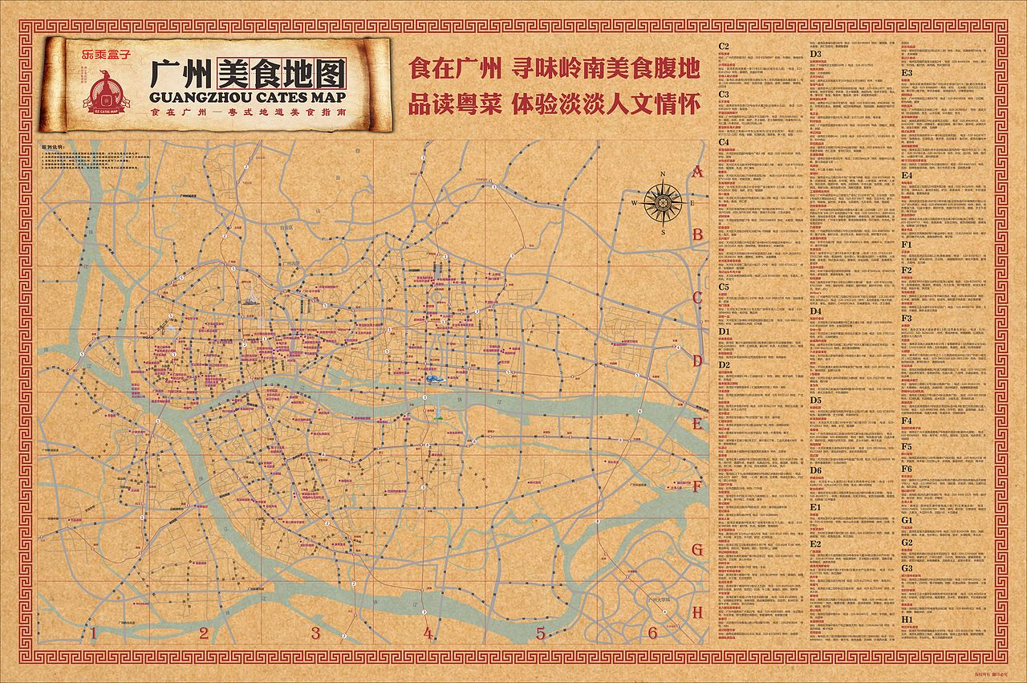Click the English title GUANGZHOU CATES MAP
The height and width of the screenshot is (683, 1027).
tap(248, 98)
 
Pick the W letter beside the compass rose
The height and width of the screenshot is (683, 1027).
tap(635, 203)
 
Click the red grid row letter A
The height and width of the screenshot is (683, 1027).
tap(697, 171)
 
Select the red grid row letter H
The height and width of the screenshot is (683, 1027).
tap(697, 612)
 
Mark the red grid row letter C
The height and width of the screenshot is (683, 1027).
tap(697, 298)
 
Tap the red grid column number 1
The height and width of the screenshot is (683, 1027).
tap(93, 634)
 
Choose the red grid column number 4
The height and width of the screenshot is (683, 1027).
tap(428, 634)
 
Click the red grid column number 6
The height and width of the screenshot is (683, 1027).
tap(652, 633)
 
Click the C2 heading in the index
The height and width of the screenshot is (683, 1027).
tap(724, 47)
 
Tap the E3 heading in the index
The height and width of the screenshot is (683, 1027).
tap(907, 72)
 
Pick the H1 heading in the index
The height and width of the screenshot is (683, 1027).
tap(907, 620)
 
